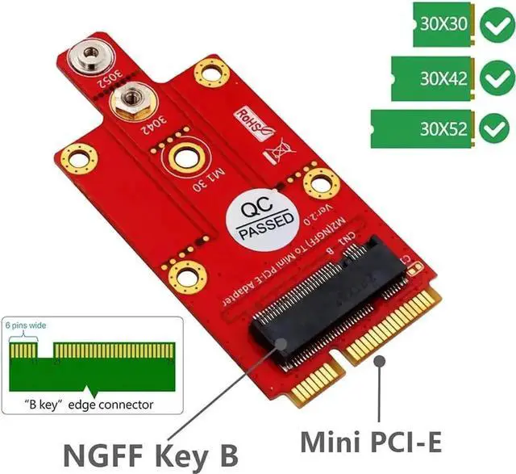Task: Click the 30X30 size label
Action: coord(443,24)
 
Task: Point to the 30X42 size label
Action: coord(443,78)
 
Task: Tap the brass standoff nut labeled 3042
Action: coord(128,101)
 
